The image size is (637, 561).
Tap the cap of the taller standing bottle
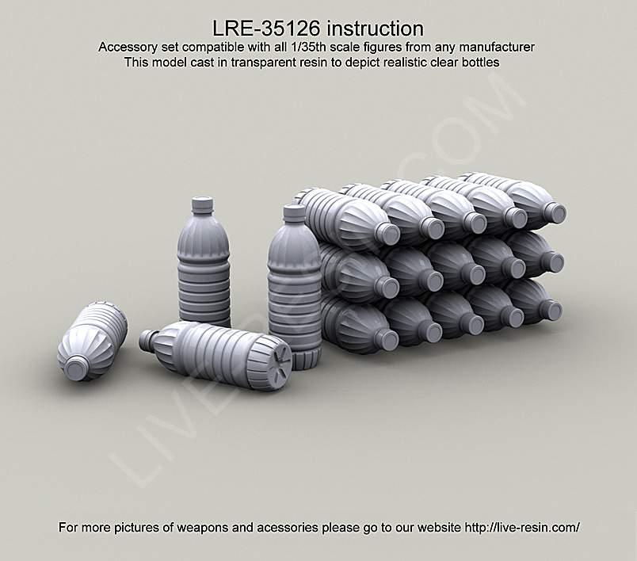(x=294, y=212)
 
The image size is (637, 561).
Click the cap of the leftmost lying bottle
(x=77, y=367)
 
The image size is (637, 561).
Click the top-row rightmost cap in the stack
(x=555, y=212)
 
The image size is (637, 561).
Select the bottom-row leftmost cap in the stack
(x=386, y=339)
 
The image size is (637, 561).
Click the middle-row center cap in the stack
(x=473, y=274)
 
